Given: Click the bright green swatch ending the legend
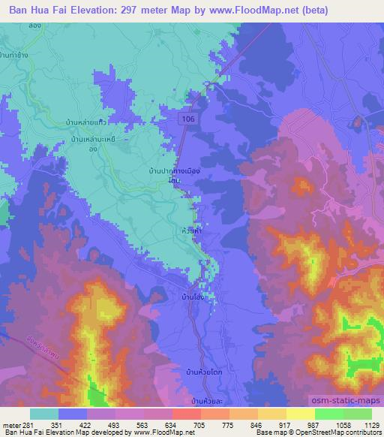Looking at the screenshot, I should coord(357,414).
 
